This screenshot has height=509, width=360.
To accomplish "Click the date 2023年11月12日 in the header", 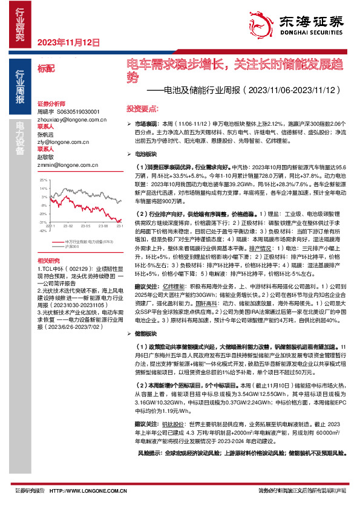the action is [68, 42].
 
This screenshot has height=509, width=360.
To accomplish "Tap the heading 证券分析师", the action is [50, 104].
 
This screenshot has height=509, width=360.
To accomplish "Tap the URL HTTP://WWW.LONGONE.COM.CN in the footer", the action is [87, 491].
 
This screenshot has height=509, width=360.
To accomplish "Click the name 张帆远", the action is [46, 134].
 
